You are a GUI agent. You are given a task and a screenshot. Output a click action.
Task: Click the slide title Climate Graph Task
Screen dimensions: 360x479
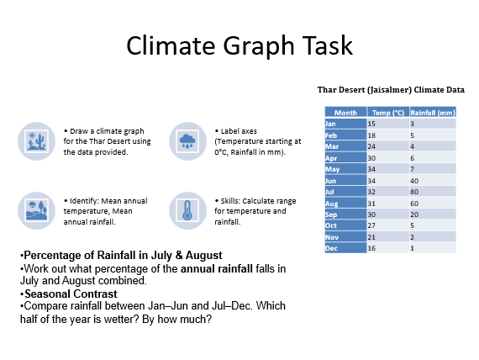tap(239, 45)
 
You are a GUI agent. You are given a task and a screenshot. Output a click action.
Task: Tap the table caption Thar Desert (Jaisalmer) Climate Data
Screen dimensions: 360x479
tap(391, 89)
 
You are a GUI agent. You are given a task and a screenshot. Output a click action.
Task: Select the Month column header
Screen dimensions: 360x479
tap(345, 112)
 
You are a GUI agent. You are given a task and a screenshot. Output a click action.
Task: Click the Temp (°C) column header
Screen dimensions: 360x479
tap(387, 112)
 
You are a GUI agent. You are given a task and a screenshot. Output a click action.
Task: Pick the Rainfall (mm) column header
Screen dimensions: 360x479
tap(432, 112)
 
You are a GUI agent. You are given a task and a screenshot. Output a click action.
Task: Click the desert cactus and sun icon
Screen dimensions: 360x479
tap(36, 140)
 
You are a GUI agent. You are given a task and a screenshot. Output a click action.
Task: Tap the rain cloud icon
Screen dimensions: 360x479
tap(187, 140)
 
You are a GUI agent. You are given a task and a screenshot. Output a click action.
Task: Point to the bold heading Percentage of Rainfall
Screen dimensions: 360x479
tap(122, 255)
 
